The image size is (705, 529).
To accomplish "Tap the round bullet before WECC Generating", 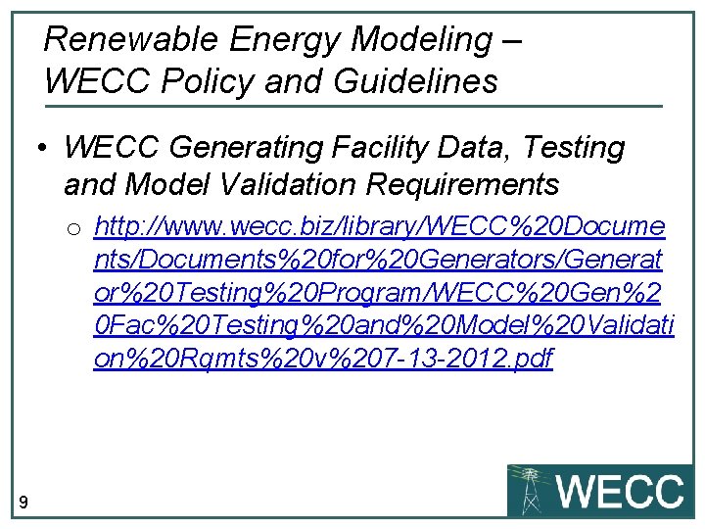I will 43,150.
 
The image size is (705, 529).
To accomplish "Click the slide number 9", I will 23,504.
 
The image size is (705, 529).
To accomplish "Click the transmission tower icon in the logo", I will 531,490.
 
